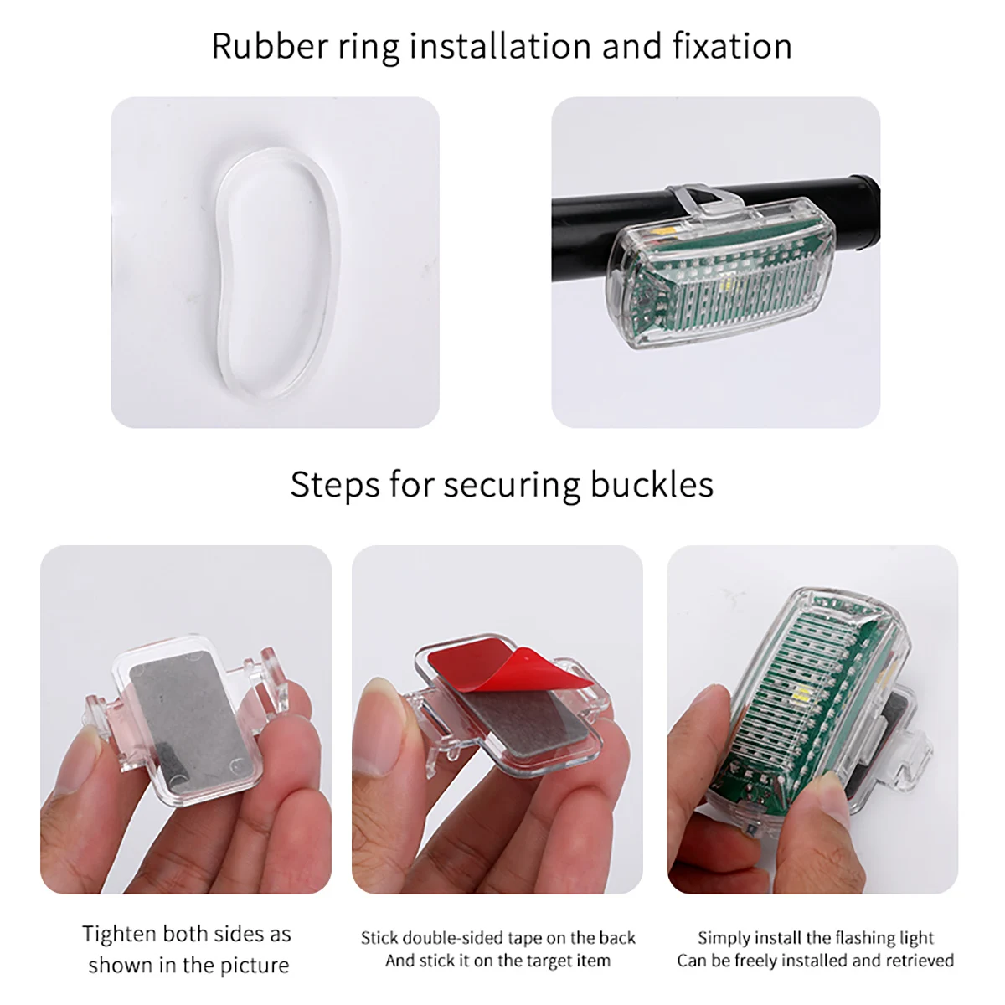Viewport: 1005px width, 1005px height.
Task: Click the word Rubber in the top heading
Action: (269, 46)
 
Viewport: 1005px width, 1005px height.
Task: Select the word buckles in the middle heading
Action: (652, 485)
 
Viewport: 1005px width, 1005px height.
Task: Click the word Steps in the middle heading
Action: (335, 486)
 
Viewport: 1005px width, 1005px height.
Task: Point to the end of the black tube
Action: (871, 214)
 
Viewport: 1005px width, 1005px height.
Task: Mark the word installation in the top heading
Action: (500, 46)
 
